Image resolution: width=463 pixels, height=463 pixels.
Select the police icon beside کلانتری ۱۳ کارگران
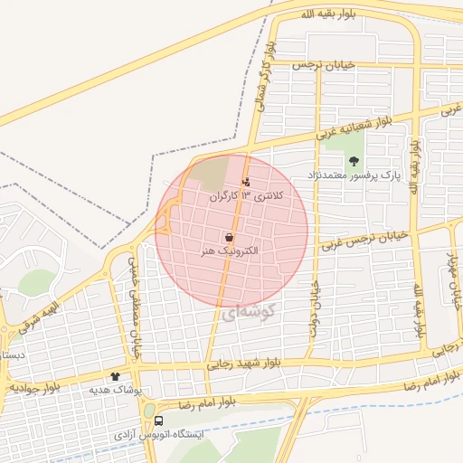[247, 182]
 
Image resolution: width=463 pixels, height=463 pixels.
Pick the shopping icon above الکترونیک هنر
[229, 237]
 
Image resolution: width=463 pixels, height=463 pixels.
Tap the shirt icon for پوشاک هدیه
[115, 376]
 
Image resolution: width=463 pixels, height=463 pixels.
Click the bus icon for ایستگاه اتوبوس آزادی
[159, 420]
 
